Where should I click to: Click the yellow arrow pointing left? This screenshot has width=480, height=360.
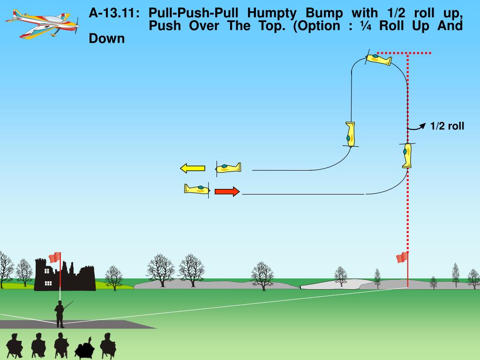(x=192, y=168)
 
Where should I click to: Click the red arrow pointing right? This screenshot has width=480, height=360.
(x=227, y=191)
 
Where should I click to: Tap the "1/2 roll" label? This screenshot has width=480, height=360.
(x=447, y=126)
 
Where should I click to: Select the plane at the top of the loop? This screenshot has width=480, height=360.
(x=378, y=59)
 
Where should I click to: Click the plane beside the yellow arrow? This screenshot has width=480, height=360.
(x=228, y=167)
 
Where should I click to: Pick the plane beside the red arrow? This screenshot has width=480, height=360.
(x=197, y=189)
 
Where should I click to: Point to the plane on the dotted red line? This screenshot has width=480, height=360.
(x=407, y=155)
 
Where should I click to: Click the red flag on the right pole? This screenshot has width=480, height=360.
(x=402, y=257)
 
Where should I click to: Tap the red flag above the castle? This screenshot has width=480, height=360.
(x=55, y=257)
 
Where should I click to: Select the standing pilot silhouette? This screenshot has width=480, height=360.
(x=60, y=314)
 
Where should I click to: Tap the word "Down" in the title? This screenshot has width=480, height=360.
(x=107, y=38)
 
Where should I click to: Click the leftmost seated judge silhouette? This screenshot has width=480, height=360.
(x=14, y=345)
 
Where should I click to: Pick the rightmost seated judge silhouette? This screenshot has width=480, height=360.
(x=108, y=345)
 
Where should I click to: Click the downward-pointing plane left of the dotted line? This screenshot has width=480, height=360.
(x=351, y=134)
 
